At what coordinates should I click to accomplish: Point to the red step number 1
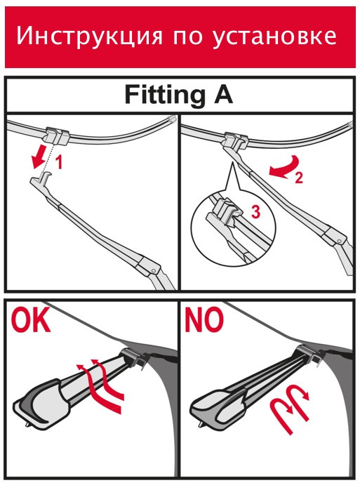(x=58, y=163)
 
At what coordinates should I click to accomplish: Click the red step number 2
(x=298, y=178)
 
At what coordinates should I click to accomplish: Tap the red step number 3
(x=255, y=212)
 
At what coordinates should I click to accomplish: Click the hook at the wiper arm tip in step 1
(x=46, y=178)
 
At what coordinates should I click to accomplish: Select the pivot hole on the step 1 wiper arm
(x=153, y=270)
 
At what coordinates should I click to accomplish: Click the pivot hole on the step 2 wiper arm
(x=339, y=240)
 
